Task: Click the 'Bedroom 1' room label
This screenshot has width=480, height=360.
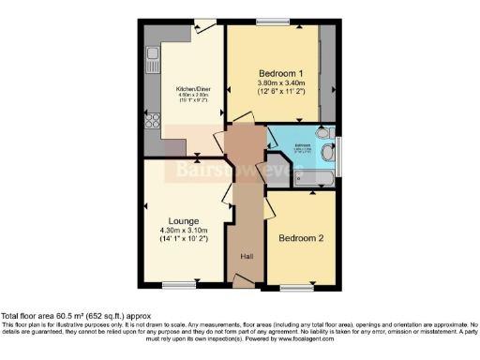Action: coord(281,73)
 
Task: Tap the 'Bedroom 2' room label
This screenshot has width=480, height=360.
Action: coord(301,238)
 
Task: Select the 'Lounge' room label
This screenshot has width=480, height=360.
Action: coord(182,221)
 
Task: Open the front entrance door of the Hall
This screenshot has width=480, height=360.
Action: coord(243,280)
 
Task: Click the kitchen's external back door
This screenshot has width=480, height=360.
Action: coord(201,26)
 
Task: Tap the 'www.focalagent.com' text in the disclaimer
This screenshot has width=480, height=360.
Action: coord(282,338)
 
